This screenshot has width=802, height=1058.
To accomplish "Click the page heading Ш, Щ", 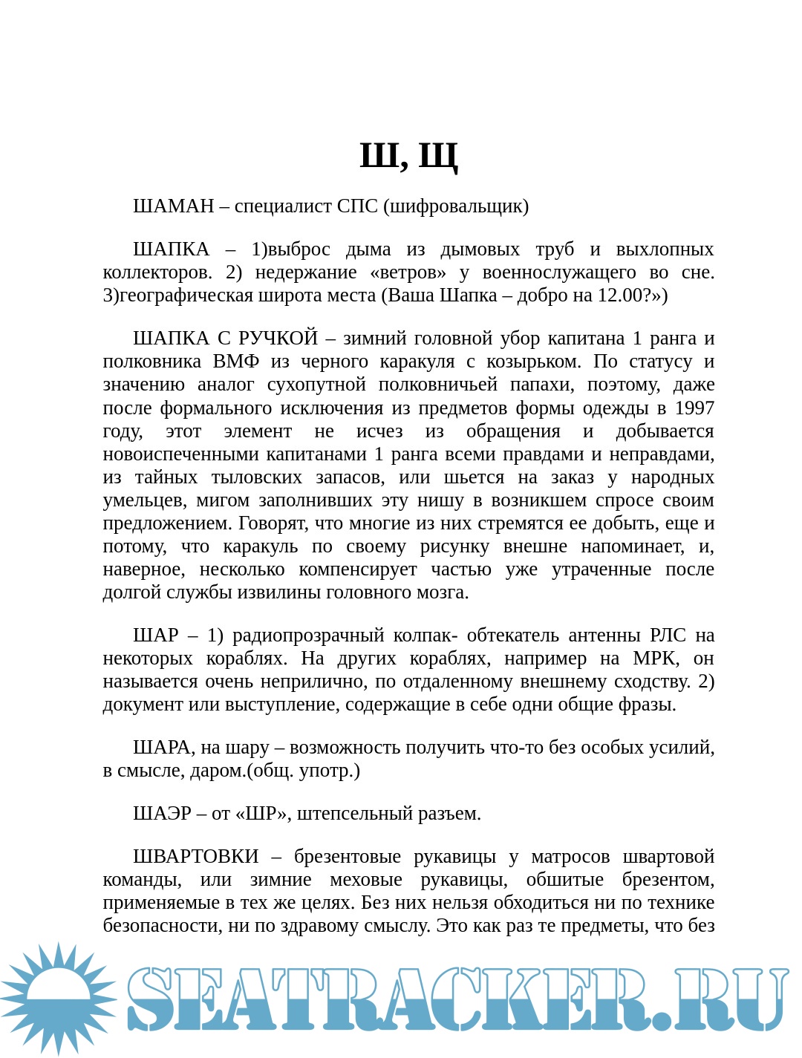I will pos(408,156).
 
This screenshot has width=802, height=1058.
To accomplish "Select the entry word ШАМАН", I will pos(173,206).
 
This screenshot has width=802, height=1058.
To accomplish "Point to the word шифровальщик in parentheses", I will pos(456,206).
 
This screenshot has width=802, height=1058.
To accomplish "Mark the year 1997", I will pos(694,408).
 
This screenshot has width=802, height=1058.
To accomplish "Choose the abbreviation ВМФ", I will pos(236,361).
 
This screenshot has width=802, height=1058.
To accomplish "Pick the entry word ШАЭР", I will pos(162,813).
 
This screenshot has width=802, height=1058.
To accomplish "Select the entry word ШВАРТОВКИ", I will pos(195,856).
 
